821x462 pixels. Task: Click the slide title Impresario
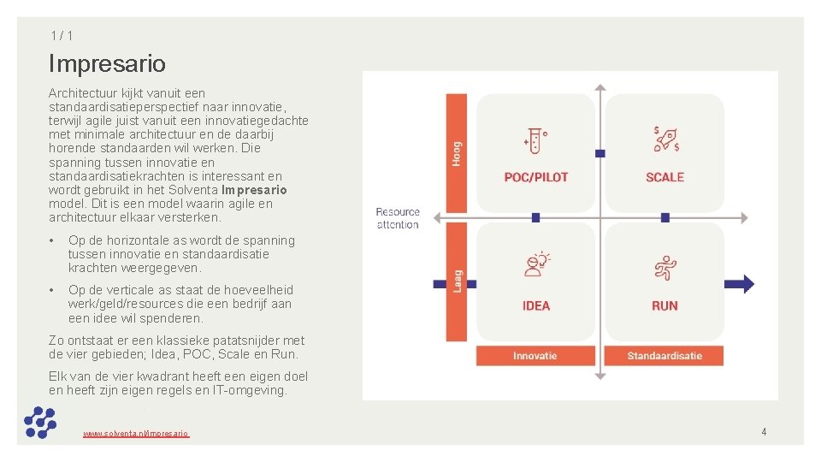point(107,63)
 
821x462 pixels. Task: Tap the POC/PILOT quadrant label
point(536,177)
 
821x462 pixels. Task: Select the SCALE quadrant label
point(664,177)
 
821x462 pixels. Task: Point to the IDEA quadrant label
point(536,305)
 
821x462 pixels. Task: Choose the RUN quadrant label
point(664,305)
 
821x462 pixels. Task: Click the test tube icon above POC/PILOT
point(535,139)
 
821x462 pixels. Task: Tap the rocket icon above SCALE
point(665,139)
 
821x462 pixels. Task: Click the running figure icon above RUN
point(664,267)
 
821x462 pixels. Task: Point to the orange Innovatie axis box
point(535,356)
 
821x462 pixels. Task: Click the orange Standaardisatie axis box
point(664,356)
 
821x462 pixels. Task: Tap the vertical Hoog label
point(458,154)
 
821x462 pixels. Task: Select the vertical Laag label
point(458,280)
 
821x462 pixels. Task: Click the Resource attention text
point(398,218)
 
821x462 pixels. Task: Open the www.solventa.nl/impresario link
point(136,434)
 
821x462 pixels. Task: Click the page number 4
point(764,432)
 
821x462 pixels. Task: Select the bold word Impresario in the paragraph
point(254,190)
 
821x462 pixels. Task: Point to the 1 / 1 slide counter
point(61,35)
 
